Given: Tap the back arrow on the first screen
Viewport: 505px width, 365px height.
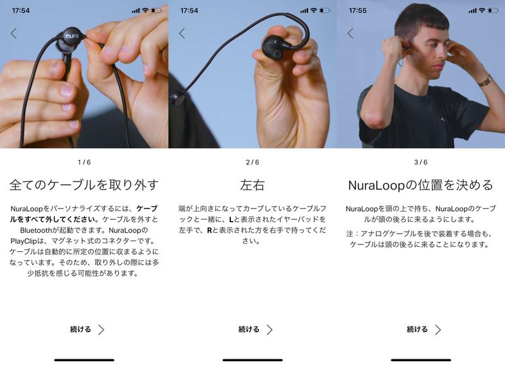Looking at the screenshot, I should pyautogui.click(x=13, y=33).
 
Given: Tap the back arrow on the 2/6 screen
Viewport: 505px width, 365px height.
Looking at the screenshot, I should pyautogui.click(x=182, y=33).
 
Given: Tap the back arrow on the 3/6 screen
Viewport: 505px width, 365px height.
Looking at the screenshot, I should pyautogui.click(x=350, y=33).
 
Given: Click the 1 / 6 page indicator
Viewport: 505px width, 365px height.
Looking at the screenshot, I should pyautogui.click(x=84, y=162).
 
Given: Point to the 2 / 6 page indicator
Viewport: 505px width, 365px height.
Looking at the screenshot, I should pyautogui.click(x=252, y=162).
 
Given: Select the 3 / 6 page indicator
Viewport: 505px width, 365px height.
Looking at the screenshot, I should pyautogui.click(x=421, y=162).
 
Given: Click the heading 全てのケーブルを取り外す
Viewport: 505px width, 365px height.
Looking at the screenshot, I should pyautogui.click(x=84, y=185).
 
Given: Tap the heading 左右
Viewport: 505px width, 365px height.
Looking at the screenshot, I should pyautogui.click(x=252, y=185).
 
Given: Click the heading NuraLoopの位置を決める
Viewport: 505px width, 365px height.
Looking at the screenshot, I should pyautogui.click(x=421, y=185).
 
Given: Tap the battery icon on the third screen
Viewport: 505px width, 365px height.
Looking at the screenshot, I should pyautogui.click(x=493, y=11).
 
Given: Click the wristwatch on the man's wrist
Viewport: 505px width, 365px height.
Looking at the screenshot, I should pyautogui.click(x=485, y=81).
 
